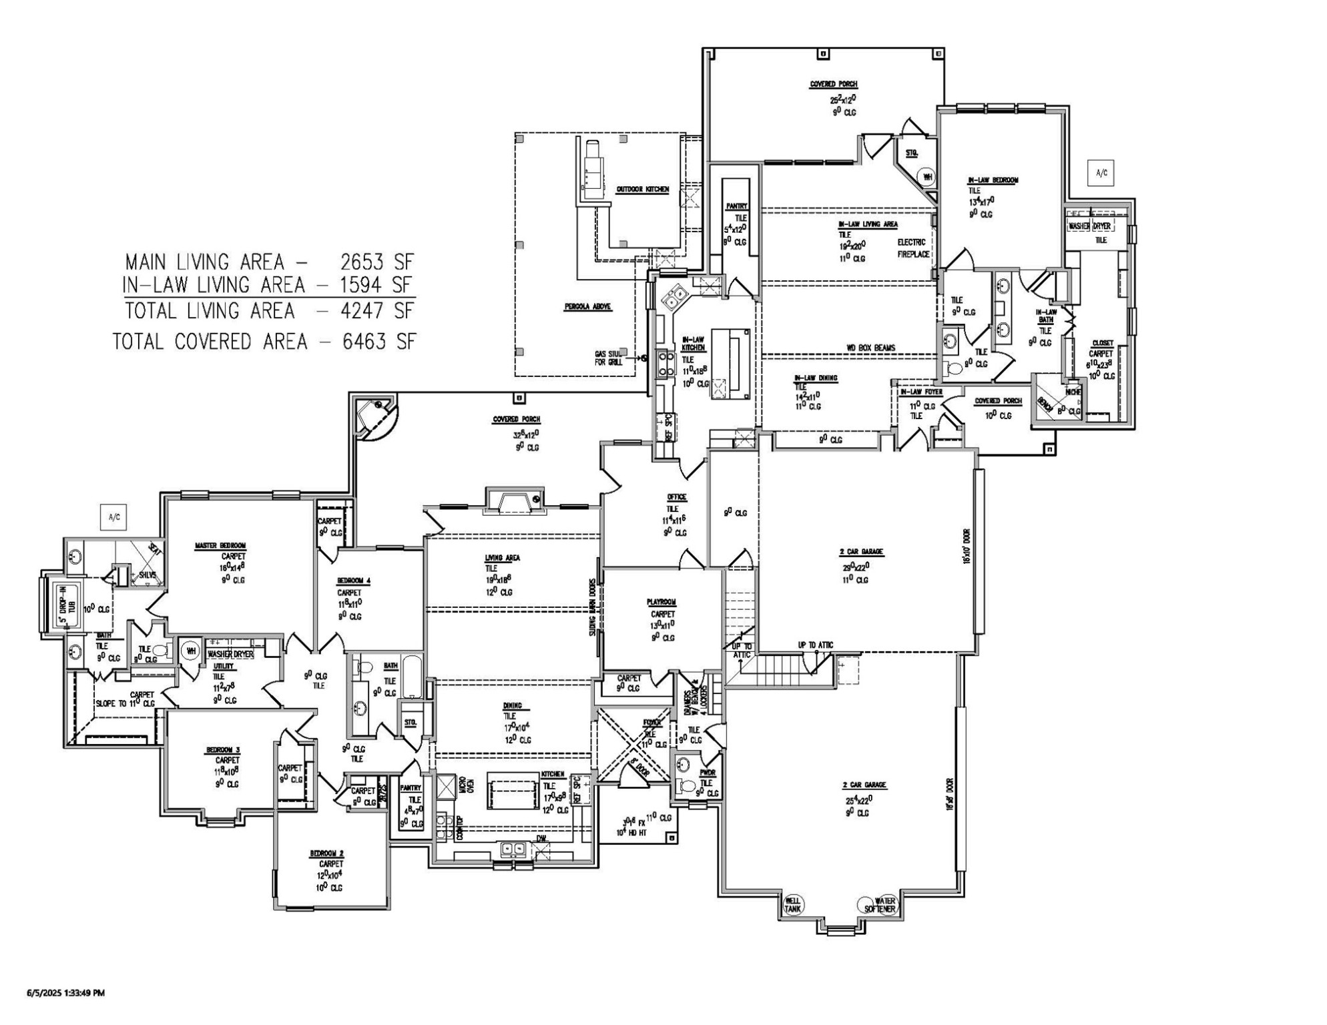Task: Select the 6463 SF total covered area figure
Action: (378, 342)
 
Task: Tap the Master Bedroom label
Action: (220, 546)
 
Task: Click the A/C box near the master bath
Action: (113, 517)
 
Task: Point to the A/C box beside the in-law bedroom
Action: (1101, 173)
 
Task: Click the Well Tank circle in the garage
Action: (792, 905)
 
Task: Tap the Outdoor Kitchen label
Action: (642, 190)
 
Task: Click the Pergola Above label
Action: (587, 307)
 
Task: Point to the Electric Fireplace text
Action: (913, 248)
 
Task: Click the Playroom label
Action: (661, 602)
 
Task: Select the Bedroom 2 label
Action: (327, 853)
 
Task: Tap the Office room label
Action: (676, 497)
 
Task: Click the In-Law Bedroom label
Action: (993, 180)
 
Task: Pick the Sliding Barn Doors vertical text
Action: (592, 607)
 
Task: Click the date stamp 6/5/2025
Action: (65, 992)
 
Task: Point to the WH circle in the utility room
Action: (191, 651)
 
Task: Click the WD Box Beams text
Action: (871, 348)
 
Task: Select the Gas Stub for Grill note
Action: (608, 358)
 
